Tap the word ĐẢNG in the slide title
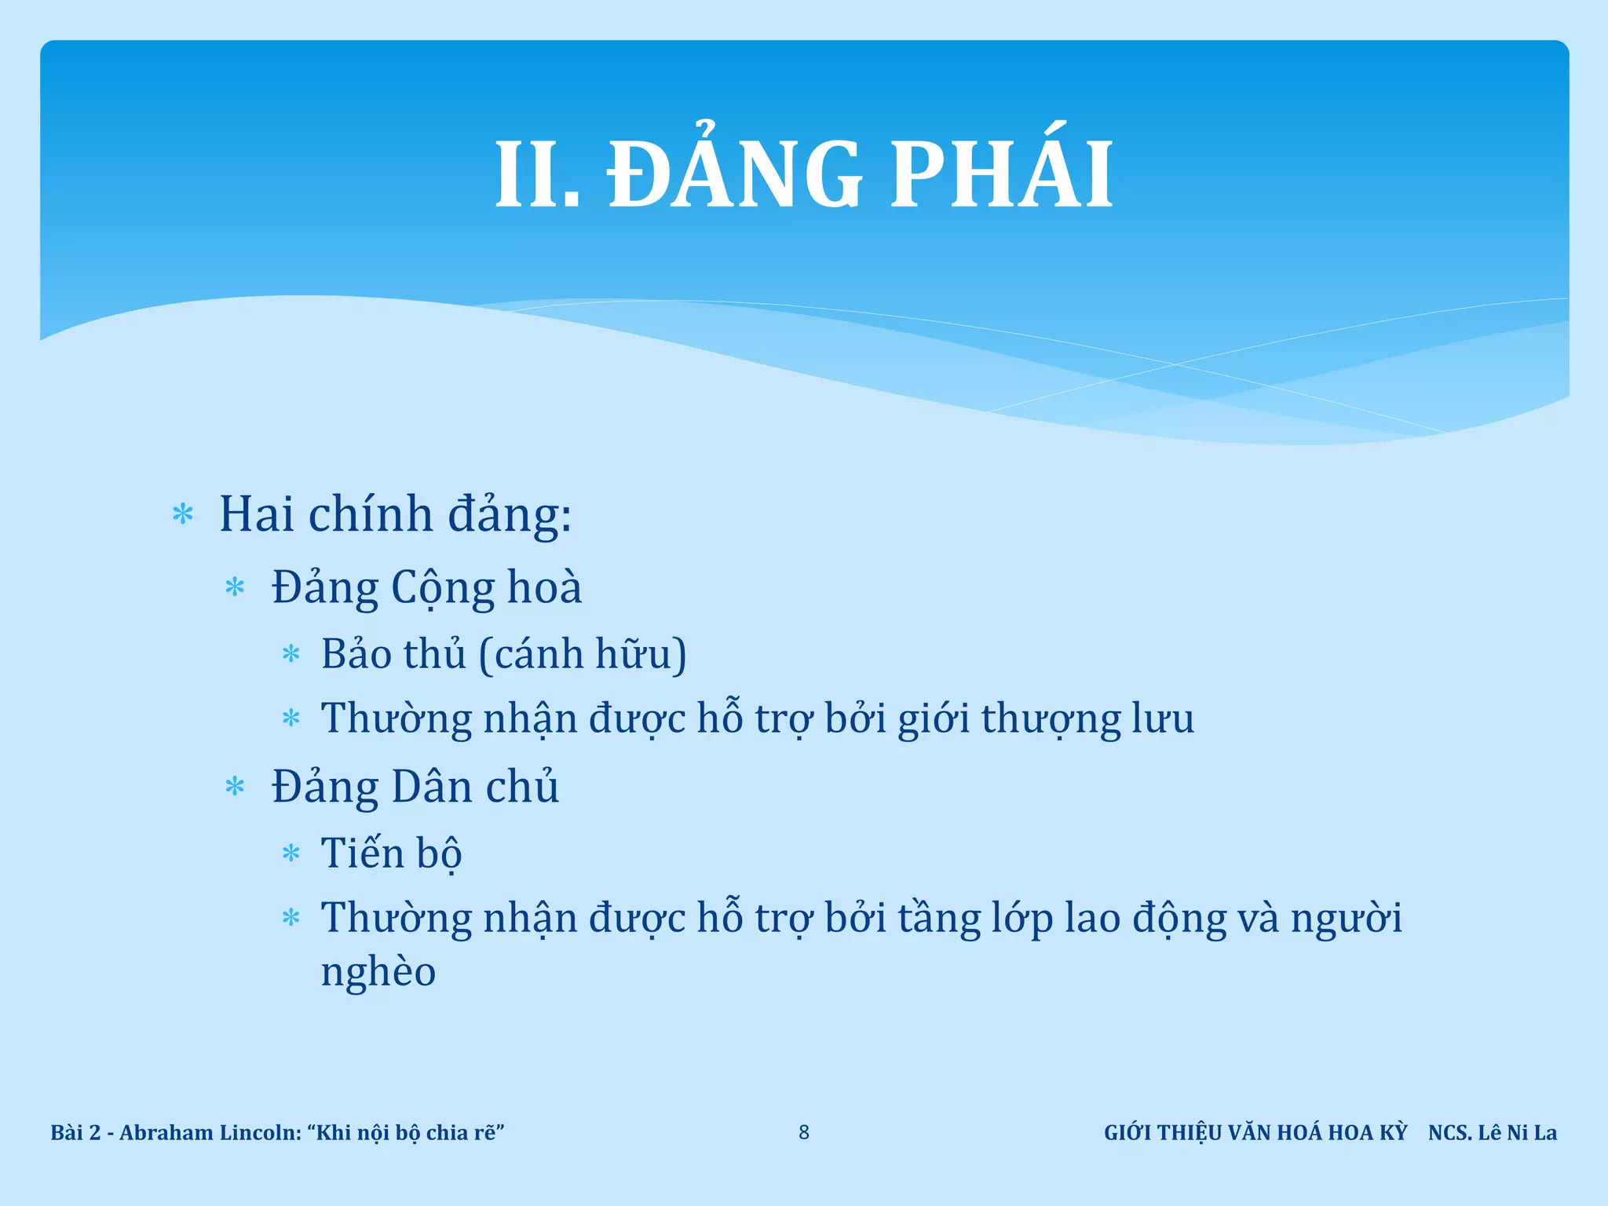736,174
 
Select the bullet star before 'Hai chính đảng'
183,515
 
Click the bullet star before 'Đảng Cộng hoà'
235,587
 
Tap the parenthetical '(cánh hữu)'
583,655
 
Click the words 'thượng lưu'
1087,719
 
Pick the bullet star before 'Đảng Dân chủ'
235,787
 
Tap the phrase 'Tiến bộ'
391,853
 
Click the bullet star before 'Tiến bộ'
291,853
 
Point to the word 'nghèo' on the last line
378,972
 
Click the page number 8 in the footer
804,1132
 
